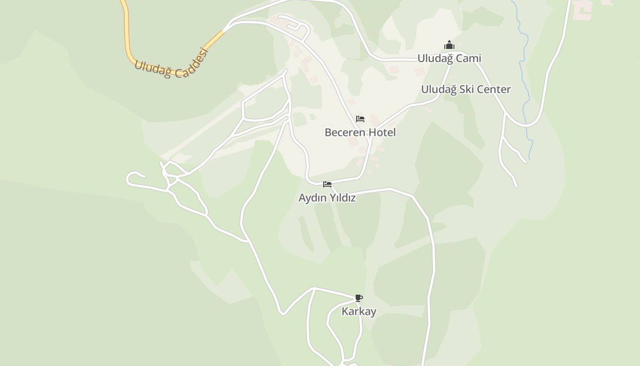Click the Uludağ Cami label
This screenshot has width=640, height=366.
[x=449, y=59]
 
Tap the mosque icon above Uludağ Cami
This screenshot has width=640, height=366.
[x=449, y=45]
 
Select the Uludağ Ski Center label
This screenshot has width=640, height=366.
[x=465, y=89]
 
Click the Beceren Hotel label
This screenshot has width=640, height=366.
[x=360, y=133]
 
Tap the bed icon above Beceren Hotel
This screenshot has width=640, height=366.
[x=360, y=119]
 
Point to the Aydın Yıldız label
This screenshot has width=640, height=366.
[x=327, y=198]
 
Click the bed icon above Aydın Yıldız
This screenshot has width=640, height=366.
[x=327, y=184]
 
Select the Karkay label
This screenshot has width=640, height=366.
[x=359, y=312]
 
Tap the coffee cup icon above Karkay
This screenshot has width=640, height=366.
[x=359, y=298]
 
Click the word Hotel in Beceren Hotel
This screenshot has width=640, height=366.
[x=382, y=133]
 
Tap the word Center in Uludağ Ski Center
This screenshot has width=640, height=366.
[x=492, y=89]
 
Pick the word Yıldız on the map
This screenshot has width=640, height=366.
[x=342, y=198]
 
